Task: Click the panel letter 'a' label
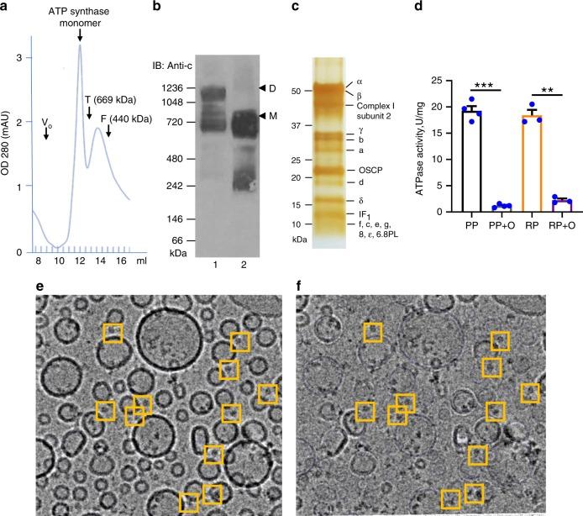pos(6,8)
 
